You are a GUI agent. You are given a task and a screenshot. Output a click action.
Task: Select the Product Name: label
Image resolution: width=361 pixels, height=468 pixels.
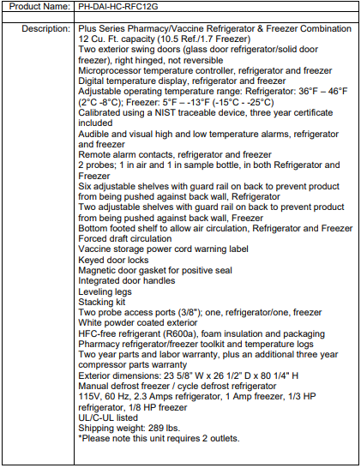(x=38, y=8)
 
